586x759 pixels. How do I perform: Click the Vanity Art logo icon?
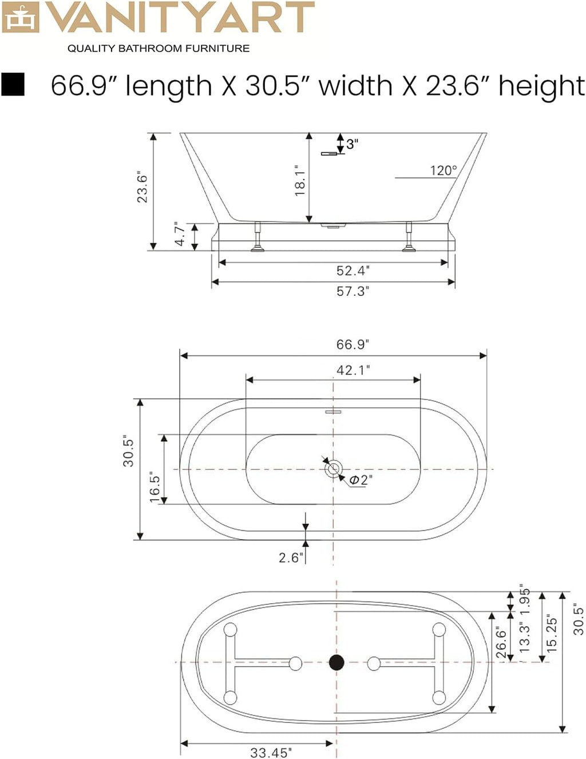[20, 18]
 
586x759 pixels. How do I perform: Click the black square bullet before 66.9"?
[13, 84]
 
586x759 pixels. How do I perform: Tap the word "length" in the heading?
[168, 86]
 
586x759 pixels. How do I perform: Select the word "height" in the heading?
[541, 86]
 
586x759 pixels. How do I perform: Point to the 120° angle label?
[443, 171]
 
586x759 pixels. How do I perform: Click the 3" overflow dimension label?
[353, 144]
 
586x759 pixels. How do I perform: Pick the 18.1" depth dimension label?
[300, 180]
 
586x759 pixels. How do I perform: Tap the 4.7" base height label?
[180, 234]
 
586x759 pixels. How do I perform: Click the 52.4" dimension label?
[353, 270]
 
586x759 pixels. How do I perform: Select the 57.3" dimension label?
[353, 291]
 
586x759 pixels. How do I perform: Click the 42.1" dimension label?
[353, 370]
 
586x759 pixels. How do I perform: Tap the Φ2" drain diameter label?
[361, 480]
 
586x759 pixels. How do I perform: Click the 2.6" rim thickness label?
[289, 558]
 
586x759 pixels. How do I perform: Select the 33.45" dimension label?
[270, 752]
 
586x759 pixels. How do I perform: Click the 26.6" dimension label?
[501, 644]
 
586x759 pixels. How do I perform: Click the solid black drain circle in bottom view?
[336, 662]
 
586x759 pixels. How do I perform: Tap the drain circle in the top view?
[334, 468]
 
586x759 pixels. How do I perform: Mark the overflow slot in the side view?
[329, 153]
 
